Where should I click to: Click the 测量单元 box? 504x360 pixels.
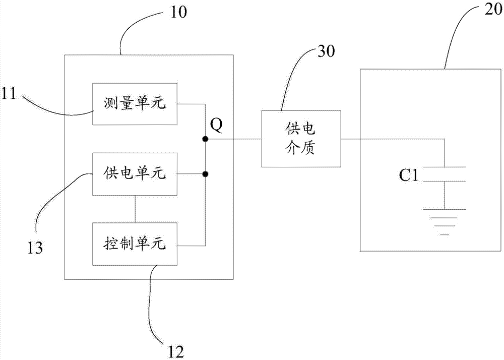pos(135,104)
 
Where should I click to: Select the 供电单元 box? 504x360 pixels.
pos(135,174)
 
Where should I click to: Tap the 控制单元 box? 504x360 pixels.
pos(135,245)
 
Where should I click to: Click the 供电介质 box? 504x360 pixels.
pos(301,139)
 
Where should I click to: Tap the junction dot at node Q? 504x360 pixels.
pos(205,139)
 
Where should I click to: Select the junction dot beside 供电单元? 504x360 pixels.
pos(205,174)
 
